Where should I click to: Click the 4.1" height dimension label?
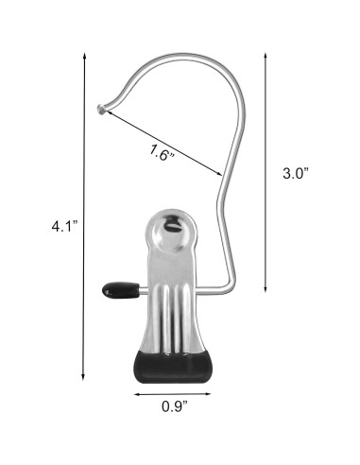point(63,226)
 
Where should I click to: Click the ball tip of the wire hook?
point(101,110)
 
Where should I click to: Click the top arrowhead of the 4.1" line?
point(85,55)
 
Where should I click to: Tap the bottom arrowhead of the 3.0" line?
point(263,291)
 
